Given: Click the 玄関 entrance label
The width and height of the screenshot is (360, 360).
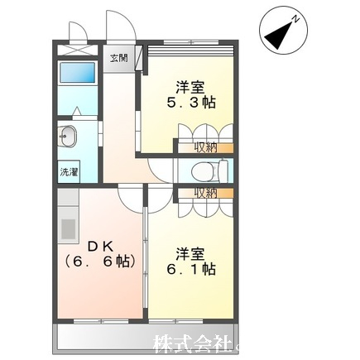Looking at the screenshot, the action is pos(119,59).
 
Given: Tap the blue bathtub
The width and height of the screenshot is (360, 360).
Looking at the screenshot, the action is pos(78,72).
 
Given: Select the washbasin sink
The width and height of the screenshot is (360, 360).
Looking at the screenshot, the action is pos(68,136).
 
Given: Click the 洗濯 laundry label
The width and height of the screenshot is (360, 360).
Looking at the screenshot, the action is pos(69,172).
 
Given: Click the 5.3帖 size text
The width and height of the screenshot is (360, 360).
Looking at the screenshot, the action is pos(190,103).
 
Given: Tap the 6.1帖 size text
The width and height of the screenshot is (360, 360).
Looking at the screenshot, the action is pos(190,268).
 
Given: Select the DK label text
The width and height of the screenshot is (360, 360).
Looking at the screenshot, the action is pos(100,247).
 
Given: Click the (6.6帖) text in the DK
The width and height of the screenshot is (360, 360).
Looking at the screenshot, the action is pos(100,262).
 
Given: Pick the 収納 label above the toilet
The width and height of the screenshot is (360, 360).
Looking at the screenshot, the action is pos(206,148).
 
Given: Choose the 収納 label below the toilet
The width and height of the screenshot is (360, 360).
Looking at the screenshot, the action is pos(206,194).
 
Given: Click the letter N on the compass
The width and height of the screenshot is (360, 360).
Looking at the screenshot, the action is pos(295,19).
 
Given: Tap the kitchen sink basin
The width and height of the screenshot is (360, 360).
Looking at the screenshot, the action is pos(68,228).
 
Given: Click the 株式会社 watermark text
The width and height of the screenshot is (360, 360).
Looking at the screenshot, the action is pos(191,343).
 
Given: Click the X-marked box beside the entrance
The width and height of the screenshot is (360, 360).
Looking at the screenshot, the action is pos(78,50).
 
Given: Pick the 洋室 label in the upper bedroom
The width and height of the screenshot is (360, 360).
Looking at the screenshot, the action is pos(190,88).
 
